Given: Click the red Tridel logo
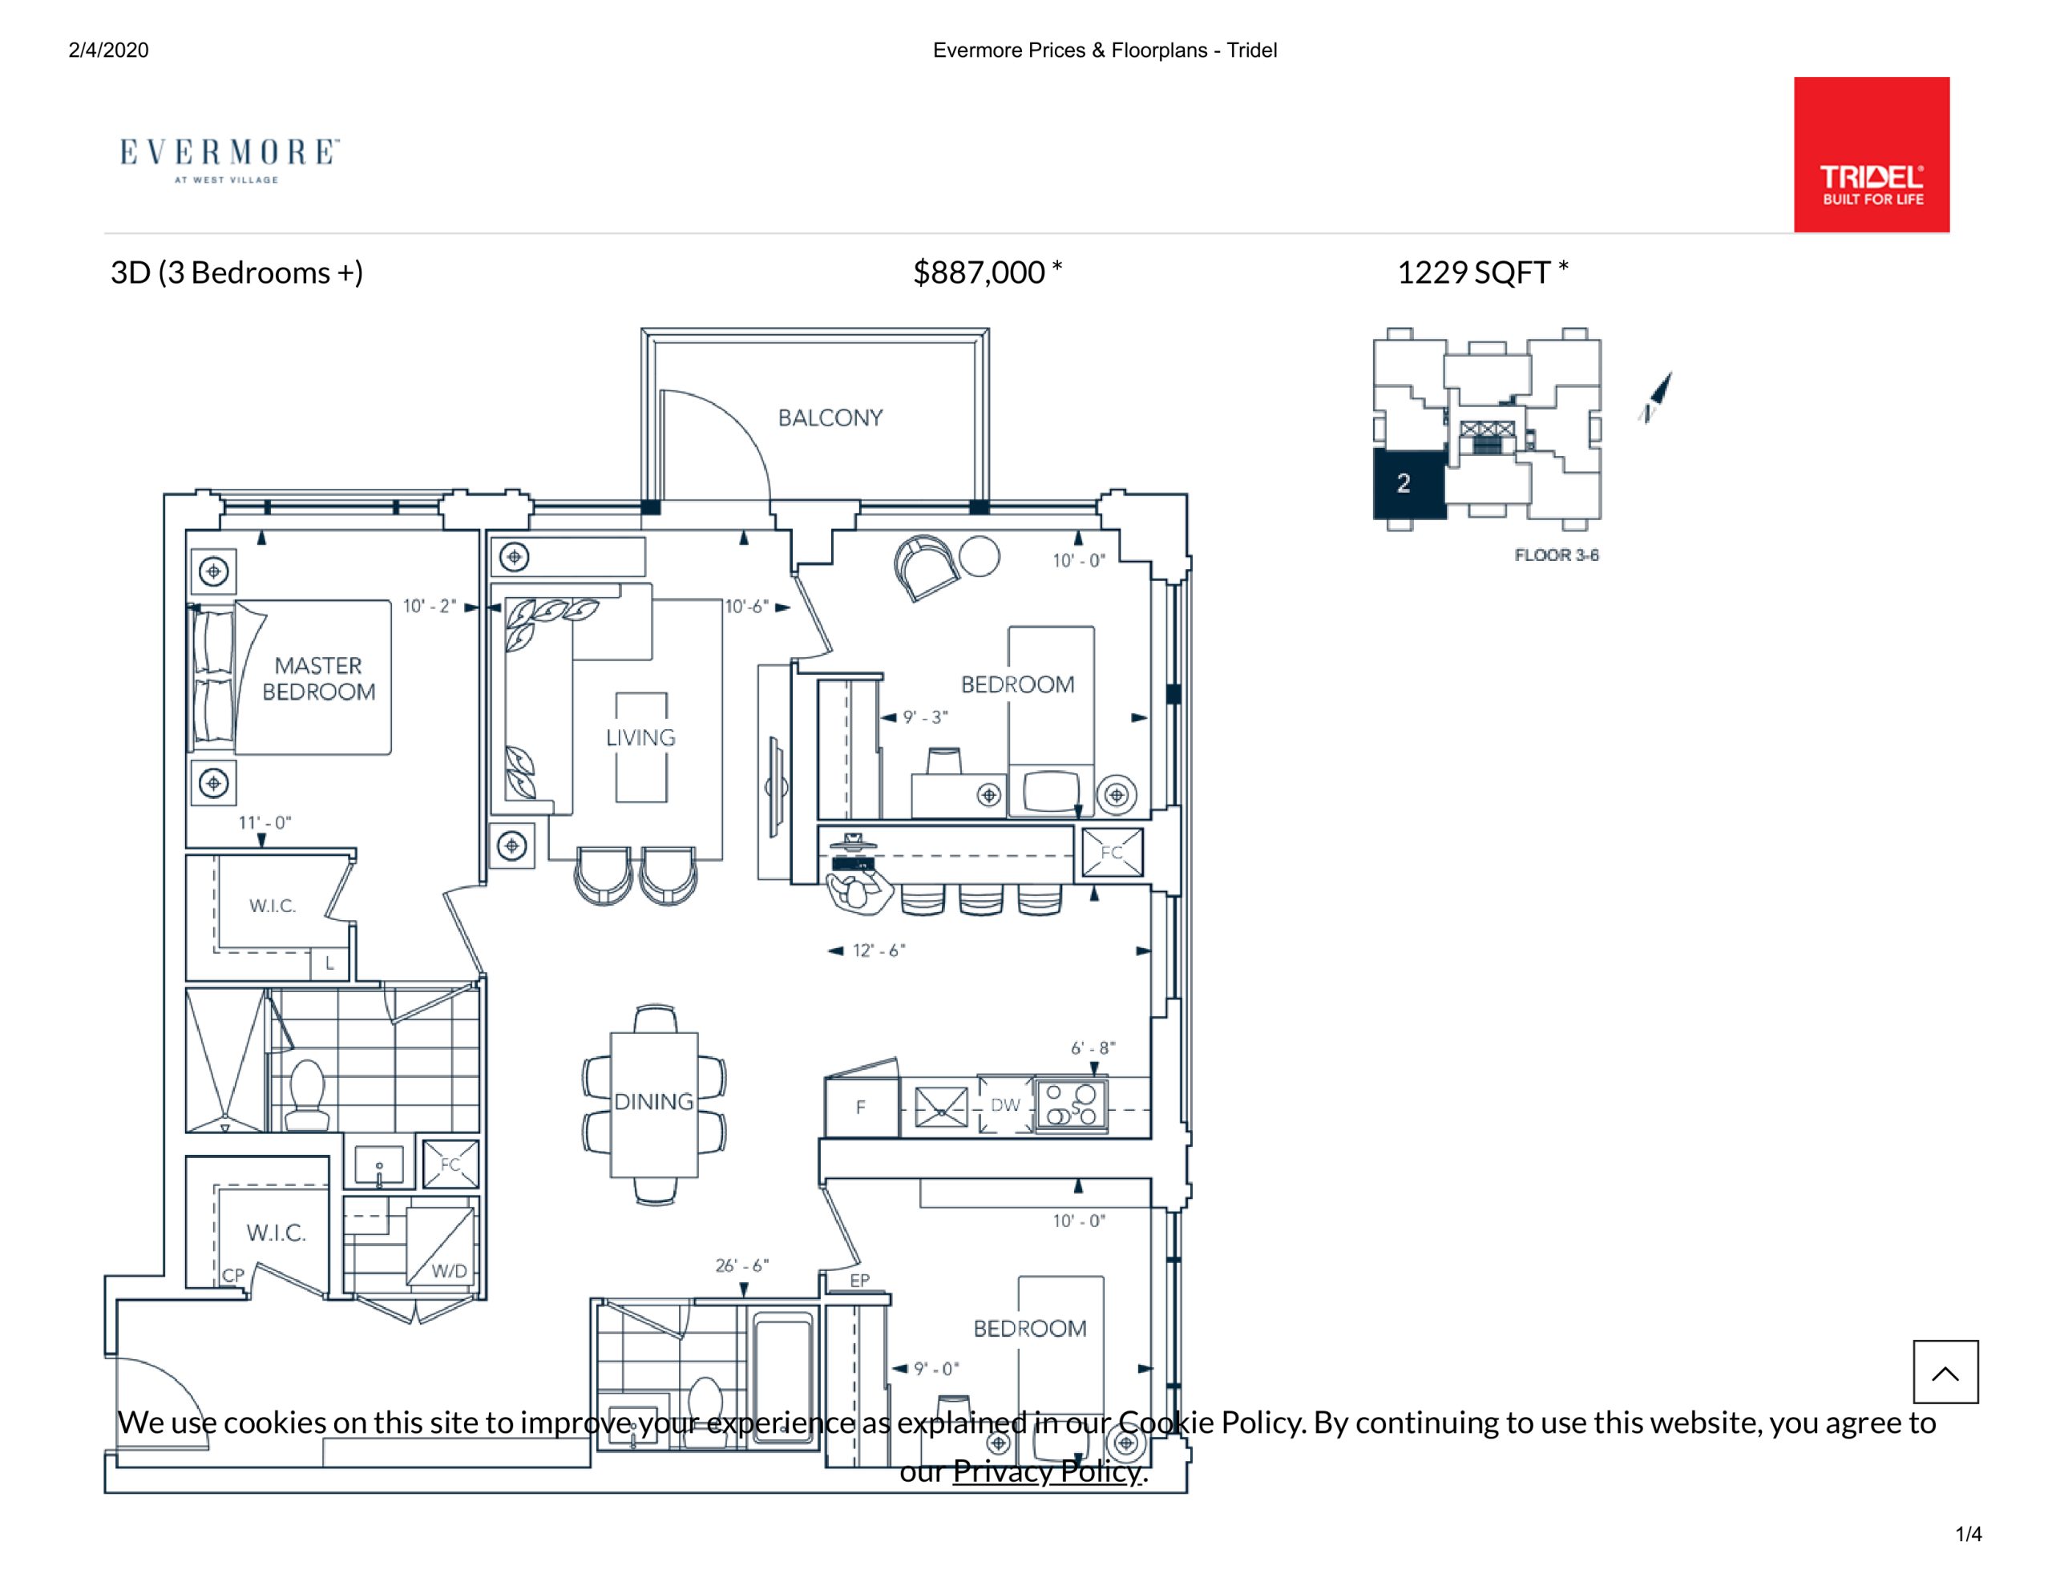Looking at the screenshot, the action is coord(1871,154).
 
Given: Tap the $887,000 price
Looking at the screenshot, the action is coord(979,272).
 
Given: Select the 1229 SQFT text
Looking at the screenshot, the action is coord(1473,272).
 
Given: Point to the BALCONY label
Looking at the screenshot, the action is coord(830,418).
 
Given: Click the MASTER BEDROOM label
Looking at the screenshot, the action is coord(318,678).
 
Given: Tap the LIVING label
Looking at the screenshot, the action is coord(640,737).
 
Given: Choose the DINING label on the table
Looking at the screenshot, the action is coord(654,1101).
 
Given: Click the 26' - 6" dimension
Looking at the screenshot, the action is coord(742,1265).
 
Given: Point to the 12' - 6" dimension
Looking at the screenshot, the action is coord(879,950).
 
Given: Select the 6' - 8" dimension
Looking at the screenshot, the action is coord(1093,1047).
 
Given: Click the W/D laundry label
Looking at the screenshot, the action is coord(449,1271).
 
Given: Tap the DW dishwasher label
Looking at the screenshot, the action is coord(1004,1105).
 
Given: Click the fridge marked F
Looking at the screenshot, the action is coord(862,1107).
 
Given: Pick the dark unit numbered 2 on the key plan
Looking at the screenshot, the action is coord(1408,484).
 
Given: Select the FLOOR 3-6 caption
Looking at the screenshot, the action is coord(1556,555).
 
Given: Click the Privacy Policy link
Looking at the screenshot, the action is coord(1048,1471).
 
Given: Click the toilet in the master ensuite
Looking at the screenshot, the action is coord(307,1095).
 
